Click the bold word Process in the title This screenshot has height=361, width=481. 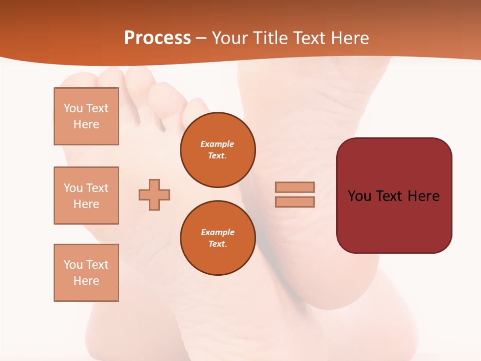tap(157, 38)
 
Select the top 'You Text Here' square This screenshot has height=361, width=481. tap(86, 116)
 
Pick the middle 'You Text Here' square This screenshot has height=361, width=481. tap(86, 196)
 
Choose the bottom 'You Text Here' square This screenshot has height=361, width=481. tap(86, 273)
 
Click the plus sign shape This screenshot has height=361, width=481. tap(154, 195)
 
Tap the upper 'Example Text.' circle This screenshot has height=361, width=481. tap(217, 150)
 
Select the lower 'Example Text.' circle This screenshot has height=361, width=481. tap(217, 238)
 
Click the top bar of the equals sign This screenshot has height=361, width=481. tap(295, 187)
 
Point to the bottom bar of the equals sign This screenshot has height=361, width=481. tap(295, 202)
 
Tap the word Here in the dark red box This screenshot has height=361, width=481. tap(423, 196)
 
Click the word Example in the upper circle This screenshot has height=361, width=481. tap(217, 144)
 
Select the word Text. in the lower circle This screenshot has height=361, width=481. tap(217, 244)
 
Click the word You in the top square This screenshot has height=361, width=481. tap(73, 108)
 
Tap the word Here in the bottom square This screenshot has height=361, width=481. tap(86, 281)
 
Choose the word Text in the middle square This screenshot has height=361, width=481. tap(97, 188)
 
